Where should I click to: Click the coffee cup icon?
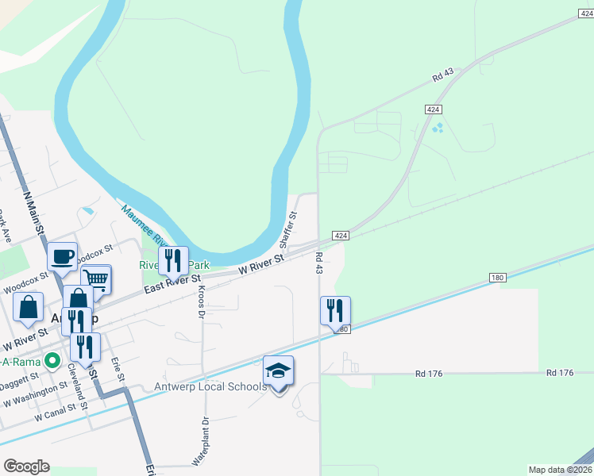[x=62, y=256]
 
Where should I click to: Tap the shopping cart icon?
[x=95, y=278]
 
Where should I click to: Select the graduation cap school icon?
[x=278, y=370]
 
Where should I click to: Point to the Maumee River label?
[x=143, y=227]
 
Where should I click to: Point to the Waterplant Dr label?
[x=199, y=442]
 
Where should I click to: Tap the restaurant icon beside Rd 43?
[x=335, y=310]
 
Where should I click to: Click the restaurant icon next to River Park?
[x=173, y=260]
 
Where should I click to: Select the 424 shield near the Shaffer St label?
[x=340, y=236]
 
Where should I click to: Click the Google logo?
[x=26, y=466]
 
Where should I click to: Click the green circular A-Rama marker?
[x=52, y=361]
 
